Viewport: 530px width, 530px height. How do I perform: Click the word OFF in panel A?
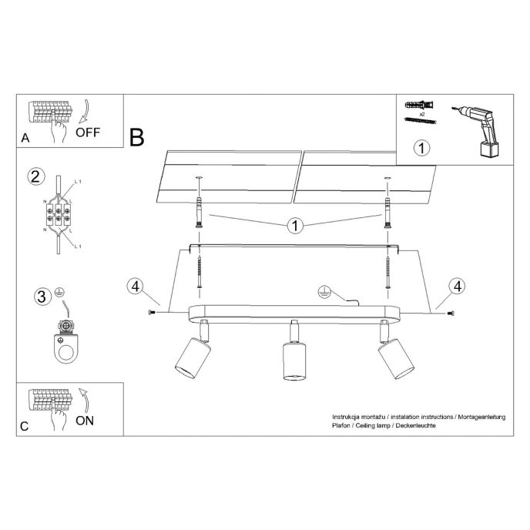click(89, 132)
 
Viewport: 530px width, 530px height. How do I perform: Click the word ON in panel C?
click(86, 421)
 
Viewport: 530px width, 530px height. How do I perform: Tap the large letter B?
click(137, 138)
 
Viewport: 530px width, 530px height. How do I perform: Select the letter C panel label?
click(25, 427)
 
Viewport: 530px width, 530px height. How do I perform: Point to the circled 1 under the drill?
click(420, 146)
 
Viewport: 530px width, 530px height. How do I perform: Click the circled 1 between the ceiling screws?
click(294, 226)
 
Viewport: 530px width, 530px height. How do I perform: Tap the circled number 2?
click(35, 176)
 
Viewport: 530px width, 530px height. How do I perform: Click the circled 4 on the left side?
click(136, 287)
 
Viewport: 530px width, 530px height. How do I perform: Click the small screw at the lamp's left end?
click(150, 313)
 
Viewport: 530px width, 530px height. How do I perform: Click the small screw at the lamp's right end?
click(451, 313)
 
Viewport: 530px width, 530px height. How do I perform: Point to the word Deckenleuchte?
click(414, 426)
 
